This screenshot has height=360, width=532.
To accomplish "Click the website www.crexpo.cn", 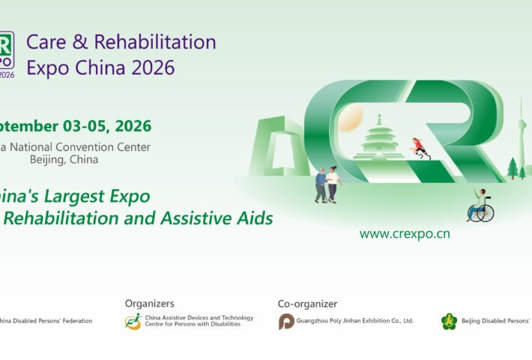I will [405, 233].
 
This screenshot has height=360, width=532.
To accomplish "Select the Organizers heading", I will [149, 304].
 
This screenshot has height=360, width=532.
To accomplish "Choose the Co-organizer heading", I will [307, 304].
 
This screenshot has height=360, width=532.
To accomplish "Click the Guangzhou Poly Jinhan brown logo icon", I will [286, 322].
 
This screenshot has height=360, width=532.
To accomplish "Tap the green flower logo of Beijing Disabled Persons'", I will [449, 322].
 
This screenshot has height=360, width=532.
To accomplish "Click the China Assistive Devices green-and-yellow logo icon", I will [133, 322].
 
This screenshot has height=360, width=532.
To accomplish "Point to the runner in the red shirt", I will [420, 146].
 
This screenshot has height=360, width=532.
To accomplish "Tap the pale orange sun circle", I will [351, 117].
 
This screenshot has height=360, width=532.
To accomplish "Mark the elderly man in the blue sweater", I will [321, 185].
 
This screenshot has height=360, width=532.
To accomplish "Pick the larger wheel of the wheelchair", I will [485, 213].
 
